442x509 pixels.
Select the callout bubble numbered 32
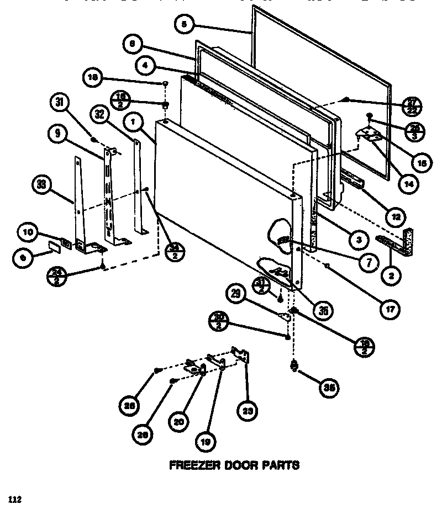pyautogui.click(x=100, y=114)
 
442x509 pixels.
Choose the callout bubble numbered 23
pyautogui.click(x=248, y=410)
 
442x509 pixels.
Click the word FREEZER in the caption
pyautogui.click(x=191, y=465)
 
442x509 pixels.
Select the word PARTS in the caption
pyautogui.click(x=281, y=465)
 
